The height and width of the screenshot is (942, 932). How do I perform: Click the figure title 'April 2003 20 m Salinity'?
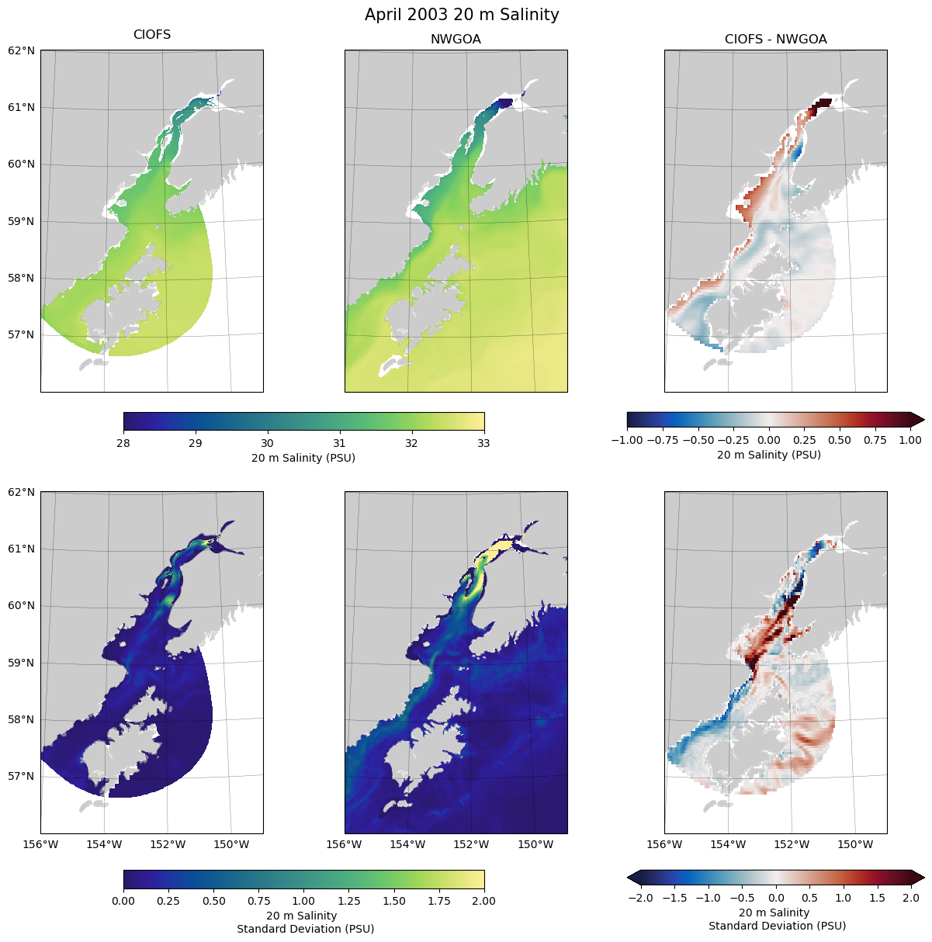tap(462, 15)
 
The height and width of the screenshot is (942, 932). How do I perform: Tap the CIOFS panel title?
tap(152, 35)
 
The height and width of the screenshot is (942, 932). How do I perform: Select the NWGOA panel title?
tap(456, 40)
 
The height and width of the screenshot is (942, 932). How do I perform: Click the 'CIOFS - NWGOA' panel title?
tap(775, 40)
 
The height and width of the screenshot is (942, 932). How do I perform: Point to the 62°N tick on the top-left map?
tap(22, 51)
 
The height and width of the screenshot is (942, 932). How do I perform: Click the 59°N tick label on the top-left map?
tap(22, 221)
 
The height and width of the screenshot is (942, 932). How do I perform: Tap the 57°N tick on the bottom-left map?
tap(22, 776)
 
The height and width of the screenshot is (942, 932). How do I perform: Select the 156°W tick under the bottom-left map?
tap(40, 844)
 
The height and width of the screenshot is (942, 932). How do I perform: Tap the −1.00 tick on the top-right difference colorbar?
tap(627, 440)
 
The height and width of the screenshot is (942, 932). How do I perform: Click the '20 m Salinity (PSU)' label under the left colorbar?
tap(303, 458)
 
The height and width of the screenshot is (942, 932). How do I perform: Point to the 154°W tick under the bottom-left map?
tap(104, 844)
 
